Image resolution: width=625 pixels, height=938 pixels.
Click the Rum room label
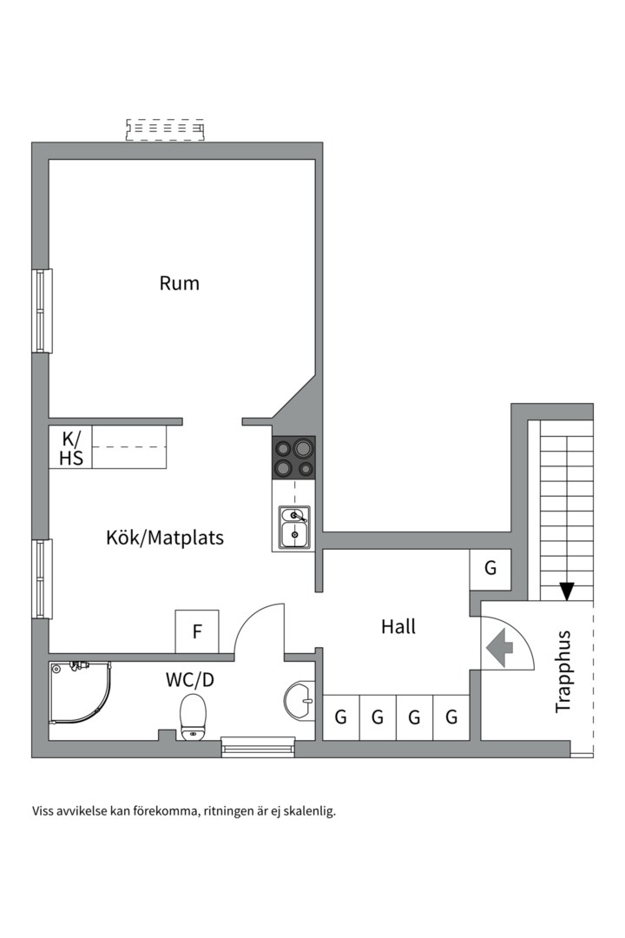click(x=180, y=283)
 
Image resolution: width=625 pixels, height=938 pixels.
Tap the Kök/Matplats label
click(x=165, y=538)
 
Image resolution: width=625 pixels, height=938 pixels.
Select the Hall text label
click(x=398, y=626)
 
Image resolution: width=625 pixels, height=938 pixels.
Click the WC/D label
click(x=189, y=679)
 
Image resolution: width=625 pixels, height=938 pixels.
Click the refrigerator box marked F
click(x=197, y=631)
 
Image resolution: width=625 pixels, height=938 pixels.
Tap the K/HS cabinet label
click(x=71, y=447)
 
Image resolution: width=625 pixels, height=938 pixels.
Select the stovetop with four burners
click(x=293, y=458)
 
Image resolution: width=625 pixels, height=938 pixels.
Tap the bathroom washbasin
click(x=299, y=700)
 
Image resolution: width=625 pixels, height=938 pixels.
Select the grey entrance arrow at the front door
click(x=500, y=647)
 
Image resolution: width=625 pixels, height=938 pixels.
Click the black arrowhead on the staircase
click(x=567, y=591)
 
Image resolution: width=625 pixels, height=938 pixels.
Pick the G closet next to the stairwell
click(x=490, y=569)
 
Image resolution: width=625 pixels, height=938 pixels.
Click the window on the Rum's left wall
click(x=42, y=311)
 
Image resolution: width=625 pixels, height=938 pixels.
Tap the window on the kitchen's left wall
click(x=42, y=578)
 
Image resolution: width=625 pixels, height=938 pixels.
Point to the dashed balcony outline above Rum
click(x=165, y=130)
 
